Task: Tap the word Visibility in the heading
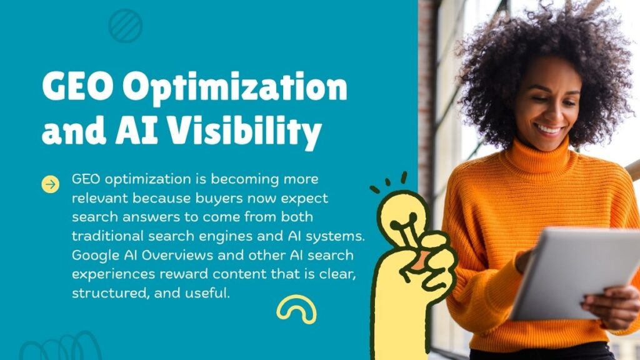click(x=244, y=132)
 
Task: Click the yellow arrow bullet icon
click(x=50, y=184)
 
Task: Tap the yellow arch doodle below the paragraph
click(x=296, y=304)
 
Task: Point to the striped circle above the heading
click(x=125, y=26)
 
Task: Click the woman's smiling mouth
click(x=548, y=130)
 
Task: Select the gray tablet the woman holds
click(x=576, y=274)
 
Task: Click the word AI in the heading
click(x=136, y=131)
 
